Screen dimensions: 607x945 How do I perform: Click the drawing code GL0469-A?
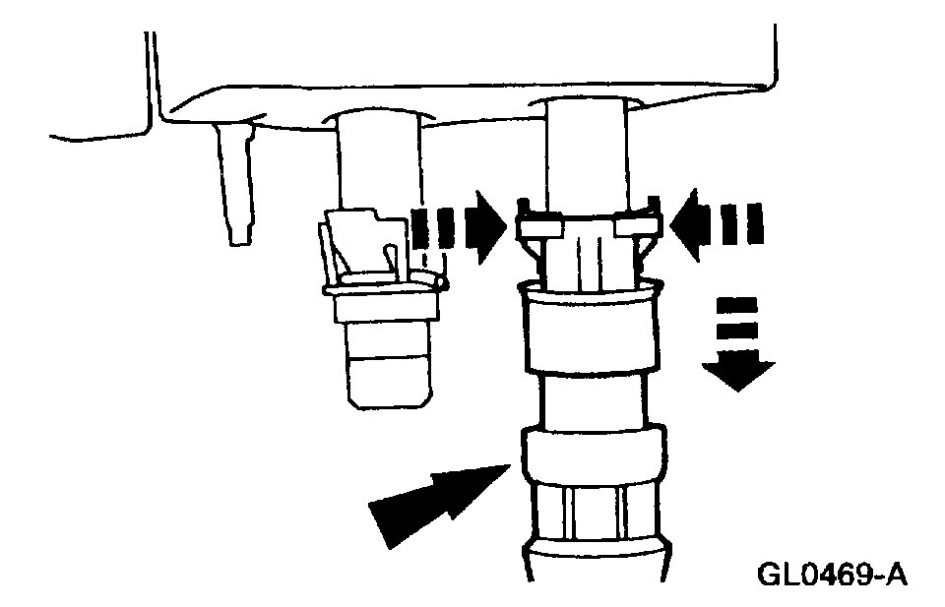pos(832,573)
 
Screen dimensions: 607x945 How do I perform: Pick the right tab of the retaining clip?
pos(635,227)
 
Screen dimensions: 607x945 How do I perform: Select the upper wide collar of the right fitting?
pos(588,330)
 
